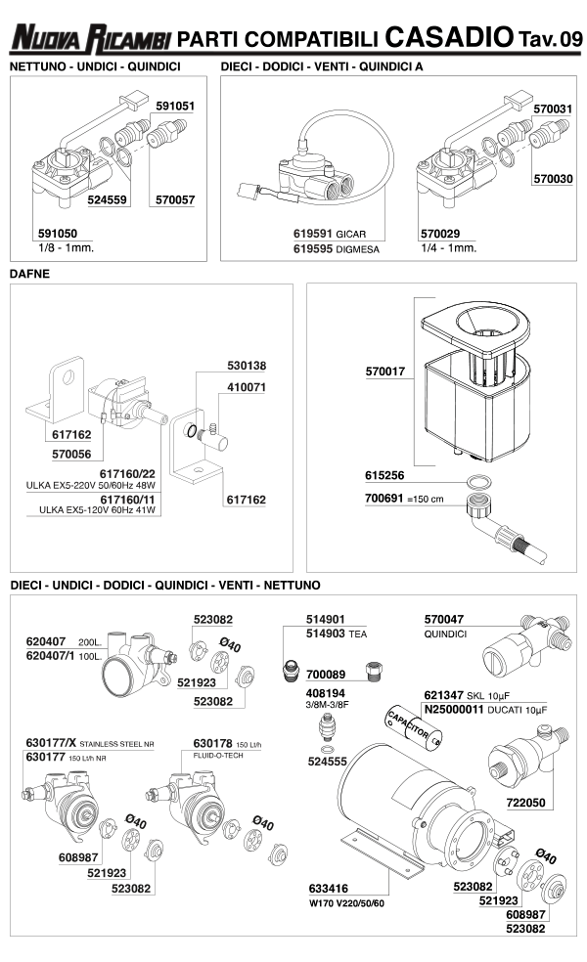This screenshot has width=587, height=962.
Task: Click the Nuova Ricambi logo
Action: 90,39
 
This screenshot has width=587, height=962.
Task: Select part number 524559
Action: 109,199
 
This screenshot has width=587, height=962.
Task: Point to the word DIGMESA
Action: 358,249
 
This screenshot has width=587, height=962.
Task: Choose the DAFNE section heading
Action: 29,274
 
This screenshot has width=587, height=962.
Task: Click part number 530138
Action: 245,366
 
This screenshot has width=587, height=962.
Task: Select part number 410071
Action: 245,387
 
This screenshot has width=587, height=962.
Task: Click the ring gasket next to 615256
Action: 476,482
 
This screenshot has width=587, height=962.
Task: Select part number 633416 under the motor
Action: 331,889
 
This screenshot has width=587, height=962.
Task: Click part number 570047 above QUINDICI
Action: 444,620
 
